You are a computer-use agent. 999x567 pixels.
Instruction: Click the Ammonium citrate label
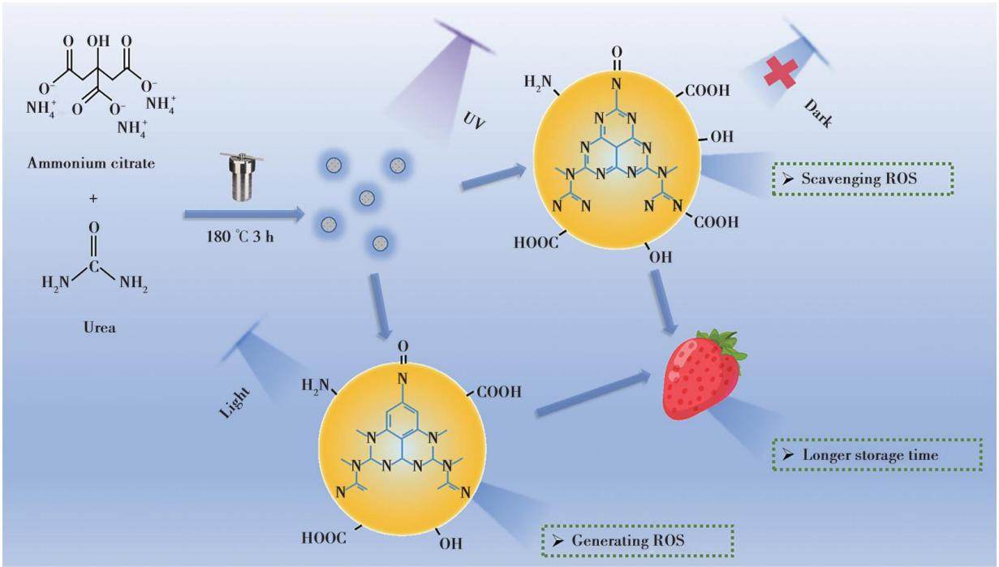(91, 164)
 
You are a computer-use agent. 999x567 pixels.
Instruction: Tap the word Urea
(100, 328)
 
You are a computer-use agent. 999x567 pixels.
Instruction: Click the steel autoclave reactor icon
(242, 176)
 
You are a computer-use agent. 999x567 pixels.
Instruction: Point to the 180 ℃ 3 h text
(240, 237)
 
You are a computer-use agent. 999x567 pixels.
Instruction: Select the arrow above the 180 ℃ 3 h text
(244, 215)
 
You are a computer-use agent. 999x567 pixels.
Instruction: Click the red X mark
(781, 74)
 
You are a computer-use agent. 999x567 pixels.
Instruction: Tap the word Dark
(818, 114)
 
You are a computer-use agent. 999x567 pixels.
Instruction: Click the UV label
(474, 120)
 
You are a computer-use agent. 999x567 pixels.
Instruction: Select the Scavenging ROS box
(863, 178)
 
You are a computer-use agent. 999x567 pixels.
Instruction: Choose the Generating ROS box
(638, 541)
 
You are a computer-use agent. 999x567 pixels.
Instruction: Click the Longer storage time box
(878, 455)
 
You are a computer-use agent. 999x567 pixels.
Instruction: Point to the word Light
(235, 403)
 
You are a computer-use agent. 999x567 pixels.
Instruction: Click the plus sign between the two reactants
(93, 199)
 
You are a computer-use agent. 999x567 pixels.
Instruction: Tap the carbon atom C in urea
(93, 267)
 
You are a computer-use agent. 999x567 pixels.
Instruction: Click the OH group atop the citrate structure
(98, 41)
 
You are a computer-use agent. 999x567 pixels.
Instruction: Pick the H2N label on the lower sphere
(316, 385)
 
